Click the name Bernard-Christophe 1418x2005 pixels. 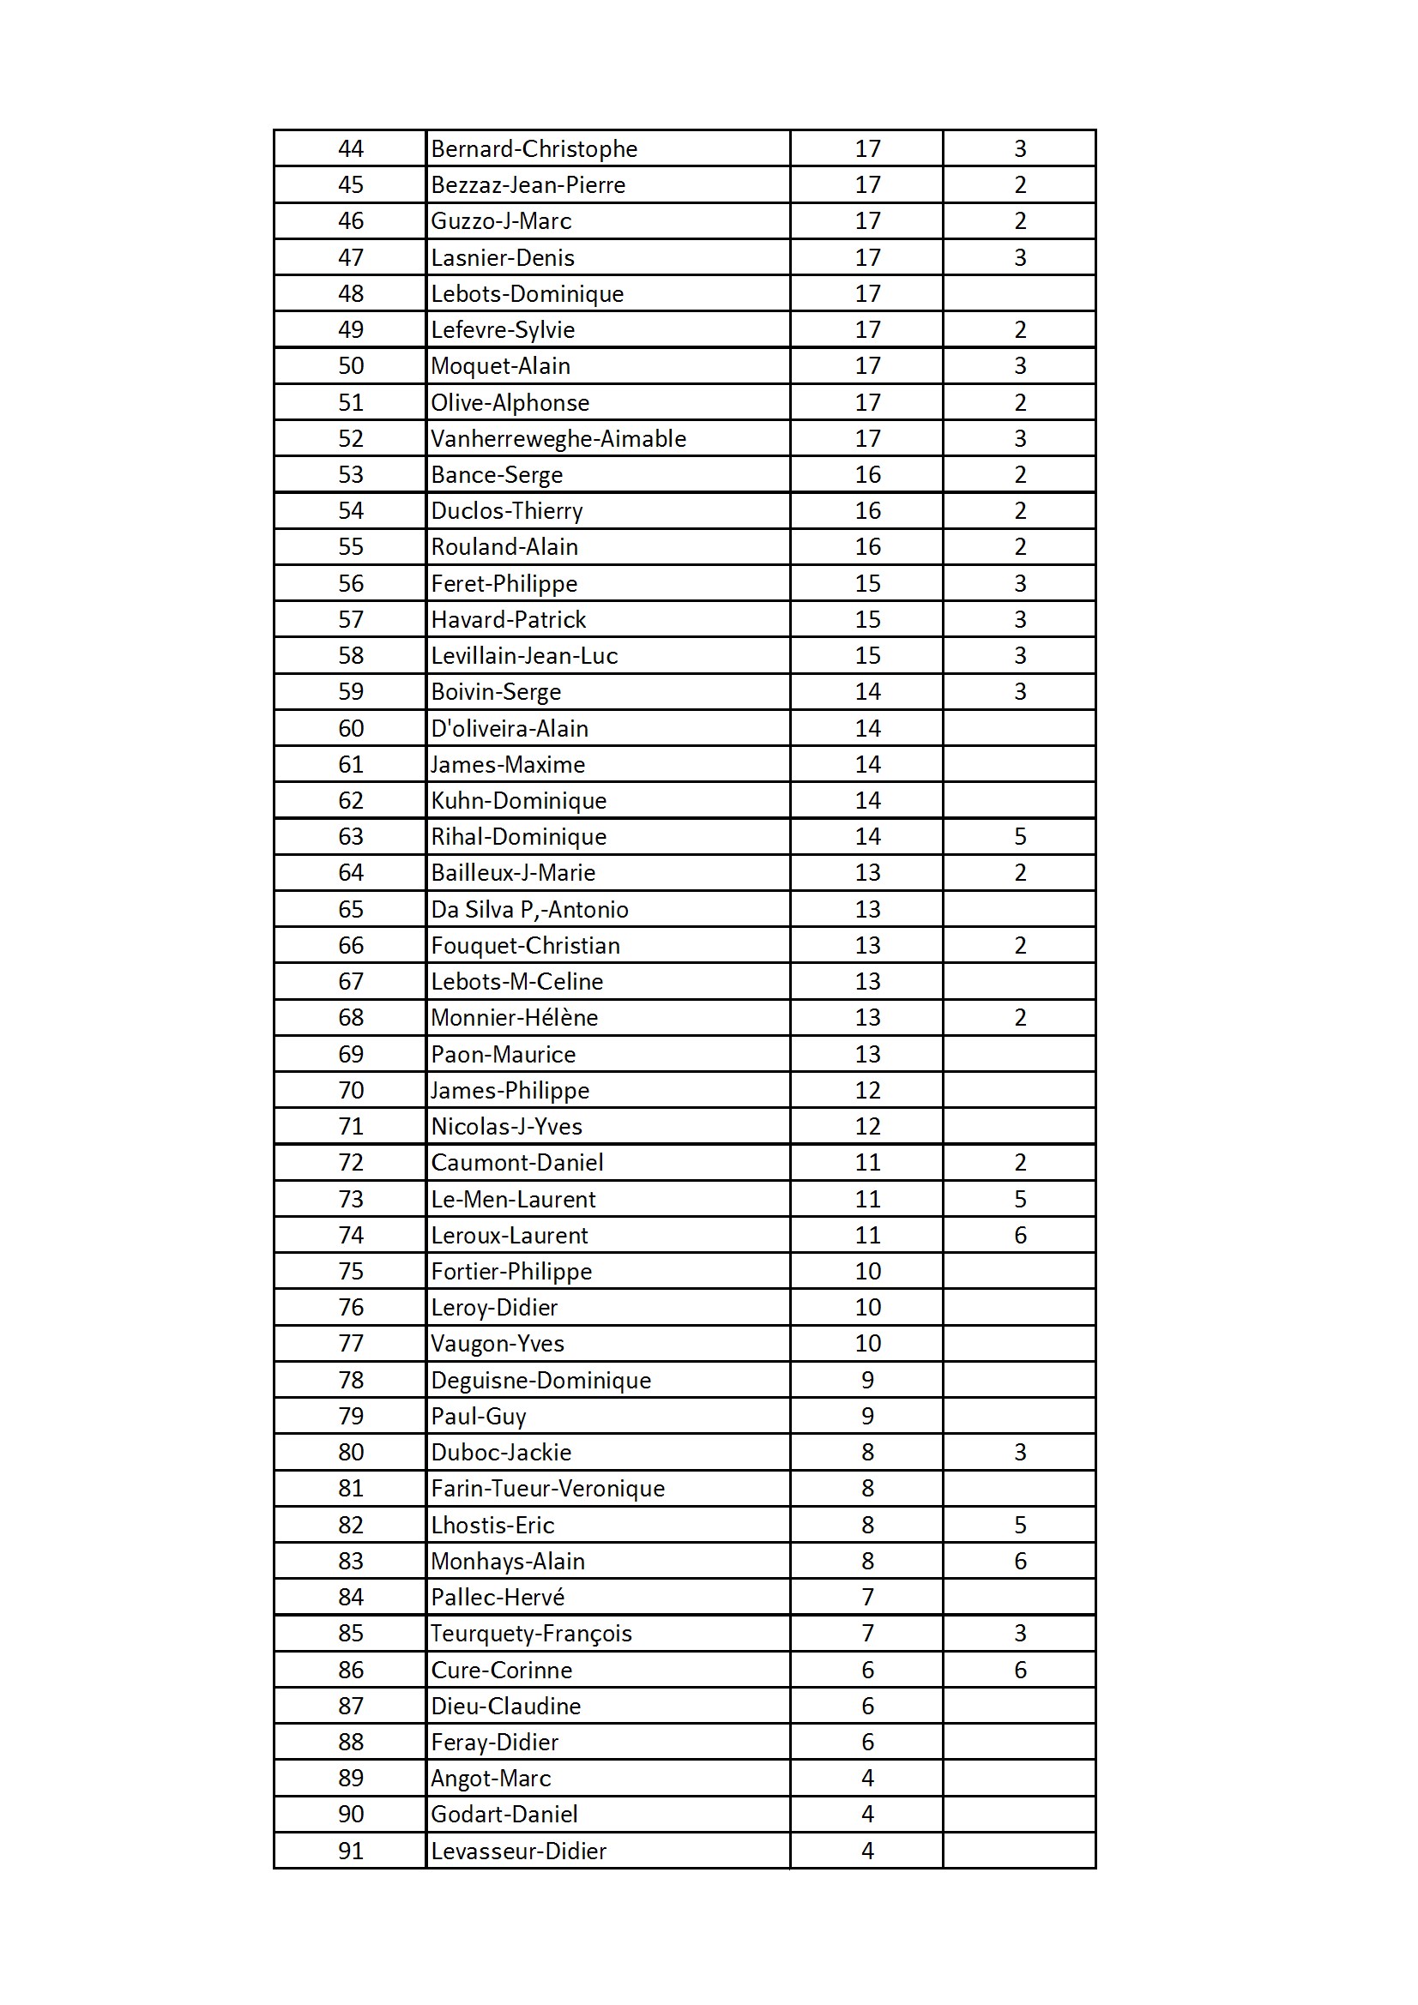point(534,149)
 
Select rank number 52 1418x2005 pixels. point(350,438)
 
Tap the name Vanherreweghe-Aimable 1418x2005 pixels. point(558,438)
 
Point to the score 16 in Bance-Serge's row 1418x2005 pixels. point(866,475)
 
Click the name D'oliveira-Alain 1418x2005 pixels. point(510,728)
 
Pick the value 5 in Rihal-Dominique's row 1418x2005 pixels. point(1020,837)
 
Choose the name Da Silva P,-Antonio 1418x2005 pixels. point(529,909)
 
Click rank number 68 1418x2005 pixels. point(350,1017)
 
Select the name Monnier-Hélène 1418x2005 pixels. point(515,1017)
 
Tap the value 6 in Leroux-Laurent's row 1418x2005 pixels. point(1020,1235)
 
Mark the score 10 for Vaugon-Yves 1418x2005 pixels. point(866,1343)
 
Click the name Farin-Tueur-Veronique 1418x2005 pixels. point(548,1488)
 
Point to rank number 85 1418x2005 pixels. point(350,1633)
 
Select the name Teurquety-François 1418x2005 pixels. point(531,1633)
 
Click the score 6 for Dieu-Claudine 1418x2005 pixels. point(866,1706)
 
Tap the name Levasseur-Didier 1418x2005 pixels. point(518,1851)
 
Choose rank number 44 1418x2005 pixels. point(350,149)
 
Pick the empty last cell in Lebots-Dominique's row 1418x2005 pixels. point(1020,293)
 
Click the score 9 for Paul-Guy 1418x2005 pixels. point(866,1416)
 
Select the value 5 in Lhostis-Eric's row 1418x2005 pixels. point(1020,1525)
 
